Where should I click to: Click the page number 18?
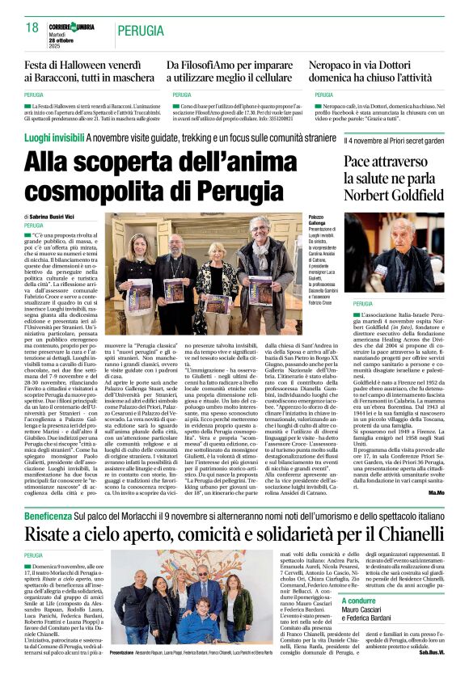pyautogui.click(x=32, y=27)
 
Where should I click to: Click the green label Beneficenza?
pyautogui.click(x=48, y=514)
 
